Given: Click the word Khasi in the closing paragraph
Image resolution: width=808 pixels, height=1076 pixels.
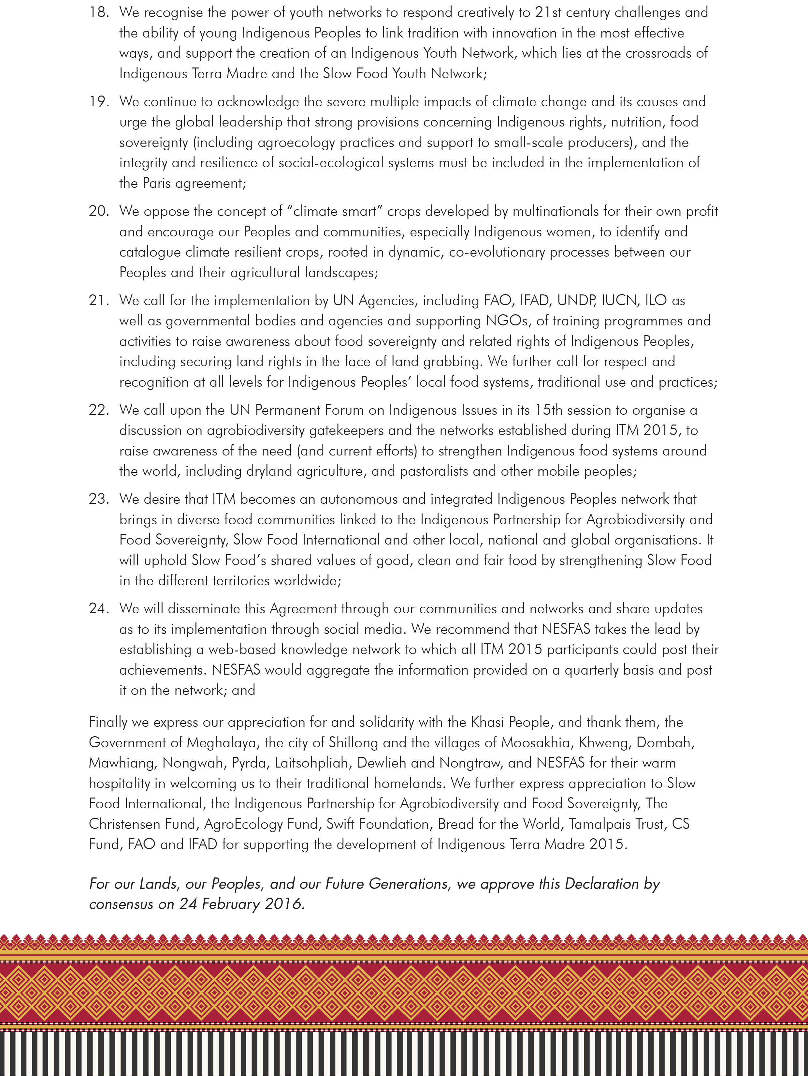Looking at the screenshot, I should coord(488,722).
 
